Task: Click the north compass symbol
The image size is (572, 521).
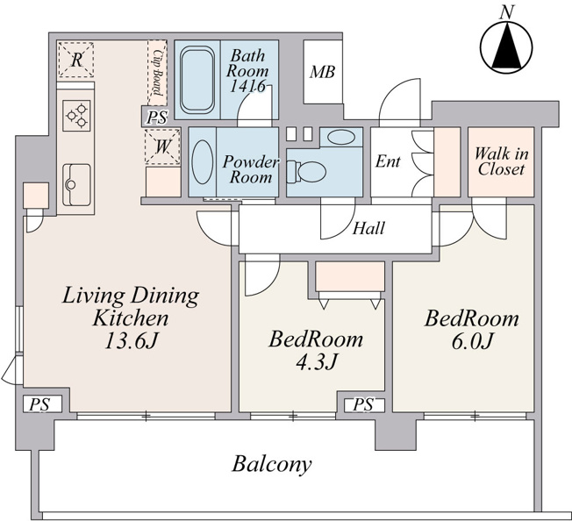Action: tap(506, 46)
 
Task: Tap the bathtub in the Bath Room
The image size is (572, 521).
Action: tap(197, 80)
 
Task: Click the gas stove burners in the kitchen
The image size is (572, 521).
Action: tap(76, 116)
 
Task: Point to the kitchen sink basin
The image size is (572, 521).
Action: tap(76, 184)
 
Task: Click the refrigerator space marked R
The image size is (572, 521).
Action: tap(75, 60)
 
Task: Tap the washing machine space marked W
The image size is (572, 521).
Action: tap(162, 147)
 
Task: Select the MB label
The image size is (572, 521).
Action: tap(323, 72)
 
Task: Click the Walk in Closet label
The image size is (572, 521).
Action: tap(501, 161)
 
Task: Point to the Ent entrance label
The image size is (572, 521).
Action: tap(388, 161)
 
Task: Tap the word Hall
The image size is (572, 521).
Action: tap(368, 228)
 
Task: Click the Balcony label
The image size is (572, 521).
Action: tap(272, 465)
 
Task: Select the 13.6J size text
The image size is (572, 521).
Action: tap(132, 341)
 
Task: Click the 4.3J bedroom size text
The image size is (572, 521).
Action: tap(316, 362)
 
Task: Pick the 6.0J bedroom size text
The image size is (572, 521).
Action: tap(472, 341)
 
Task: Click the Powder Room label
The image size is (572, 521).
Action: tap(251, 169)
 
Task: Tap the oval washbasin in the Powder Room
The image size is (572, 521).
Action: tap(203, 162)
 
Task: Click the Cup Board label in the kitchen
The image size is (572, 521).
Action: tap(158, 72)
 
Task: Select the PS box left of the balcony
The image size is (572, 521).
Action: tap(39, 404)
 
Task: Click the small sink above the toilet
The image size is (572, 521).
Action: tap(341, 138)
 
